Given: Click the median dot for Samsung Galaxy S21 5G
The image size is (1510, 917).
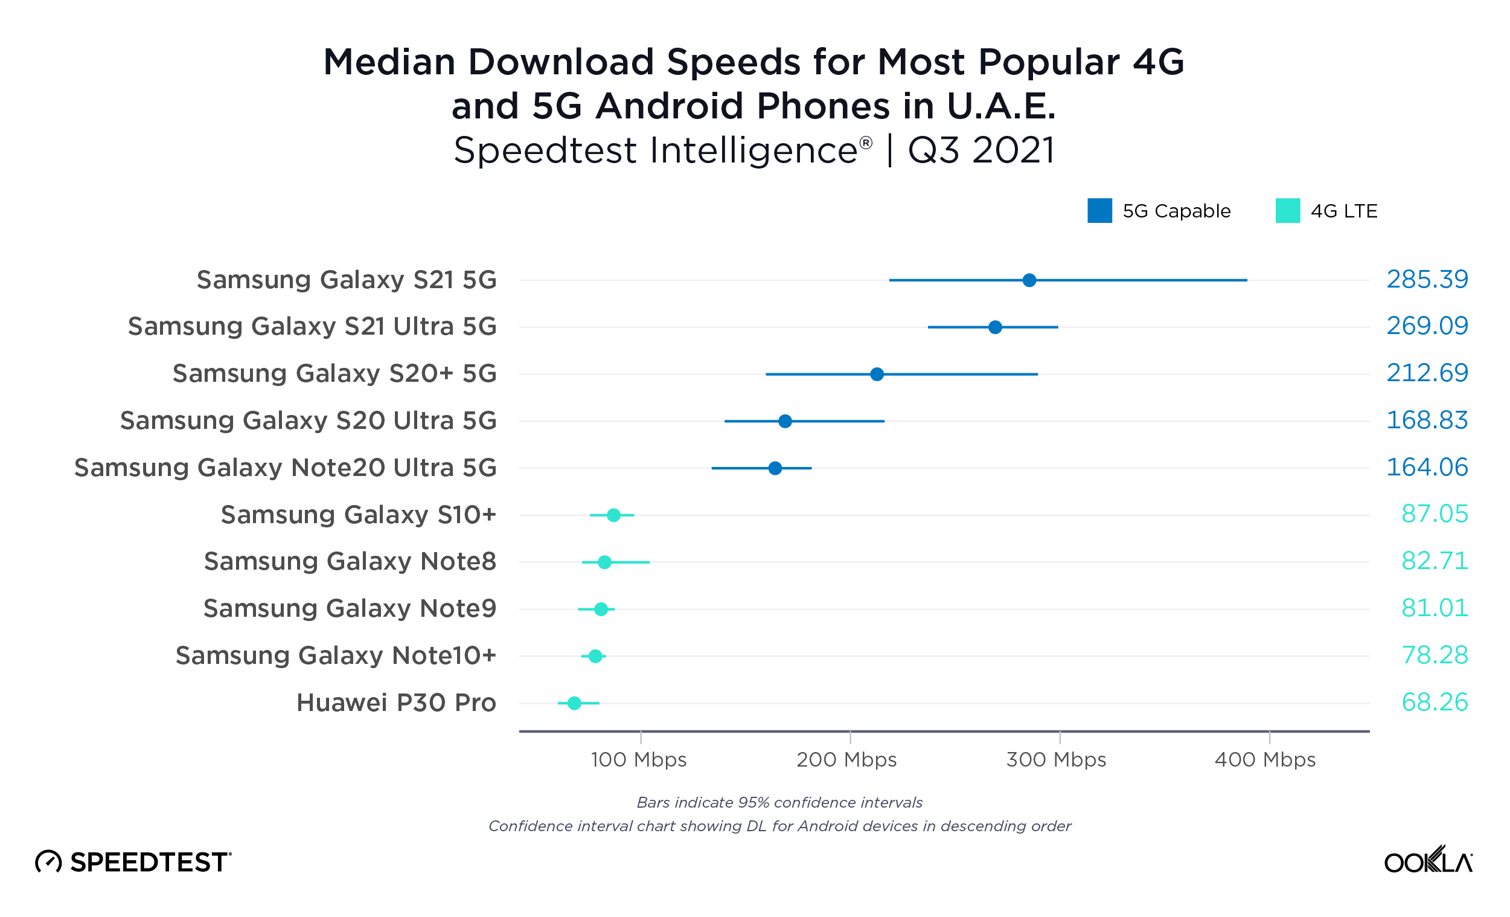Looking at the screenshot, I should (1029, 280).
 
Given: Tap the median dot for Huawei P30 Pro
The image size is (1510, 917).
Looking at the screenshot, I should (574, 703).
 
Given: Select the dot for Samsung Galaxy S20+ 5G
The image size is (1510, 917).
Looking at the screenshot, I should (877, 374).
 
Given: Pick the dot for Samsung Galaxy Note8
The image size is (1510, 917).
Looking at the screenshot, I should (604, 562).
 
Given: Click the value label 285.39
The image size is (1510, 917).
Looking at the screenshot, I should (1427, 280).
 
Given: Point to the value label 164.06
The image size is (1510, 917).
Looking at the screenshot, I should (1427, 468).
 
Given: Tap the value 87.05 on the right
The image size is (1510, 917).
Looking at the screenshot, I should (1434, 514).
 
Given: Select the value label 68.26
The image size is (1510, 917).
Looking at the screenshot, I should (1434, 703).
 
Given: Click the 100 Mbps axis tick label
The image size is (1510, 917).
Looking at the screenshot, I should (639, 760).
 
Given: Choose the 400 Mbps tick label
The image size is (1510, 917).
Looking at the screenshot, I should (1265, 760).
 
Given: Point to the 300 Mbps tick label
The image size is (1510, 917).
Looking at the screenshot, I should (1056, 760).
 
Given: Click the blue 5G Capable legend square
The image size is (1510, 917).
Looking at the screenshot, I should (1099, 211).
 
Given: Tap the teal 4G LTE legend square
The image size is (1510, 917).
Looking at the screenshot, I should (1288, 211).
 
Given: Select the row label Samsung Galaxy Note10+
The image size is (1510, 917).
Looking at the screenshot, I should (336, 655).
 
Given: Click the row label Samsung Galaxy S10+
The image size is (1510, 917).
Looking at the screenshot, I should (359, 515).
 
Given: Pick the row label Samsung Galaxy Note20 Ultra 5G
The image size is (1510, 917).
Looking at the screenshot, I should (286, 468).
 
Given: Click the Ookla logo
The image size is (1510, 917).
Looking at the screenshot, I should (1428, 861).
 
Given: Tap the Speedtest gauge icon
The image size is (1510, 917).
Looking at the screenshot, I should (48, 862).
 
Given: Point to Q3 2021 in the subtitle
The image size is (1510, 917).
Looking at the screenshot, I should (981, 150).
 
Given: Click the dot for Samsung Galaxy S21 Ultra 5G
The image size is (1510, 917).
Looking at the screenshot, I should (995, 327).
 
